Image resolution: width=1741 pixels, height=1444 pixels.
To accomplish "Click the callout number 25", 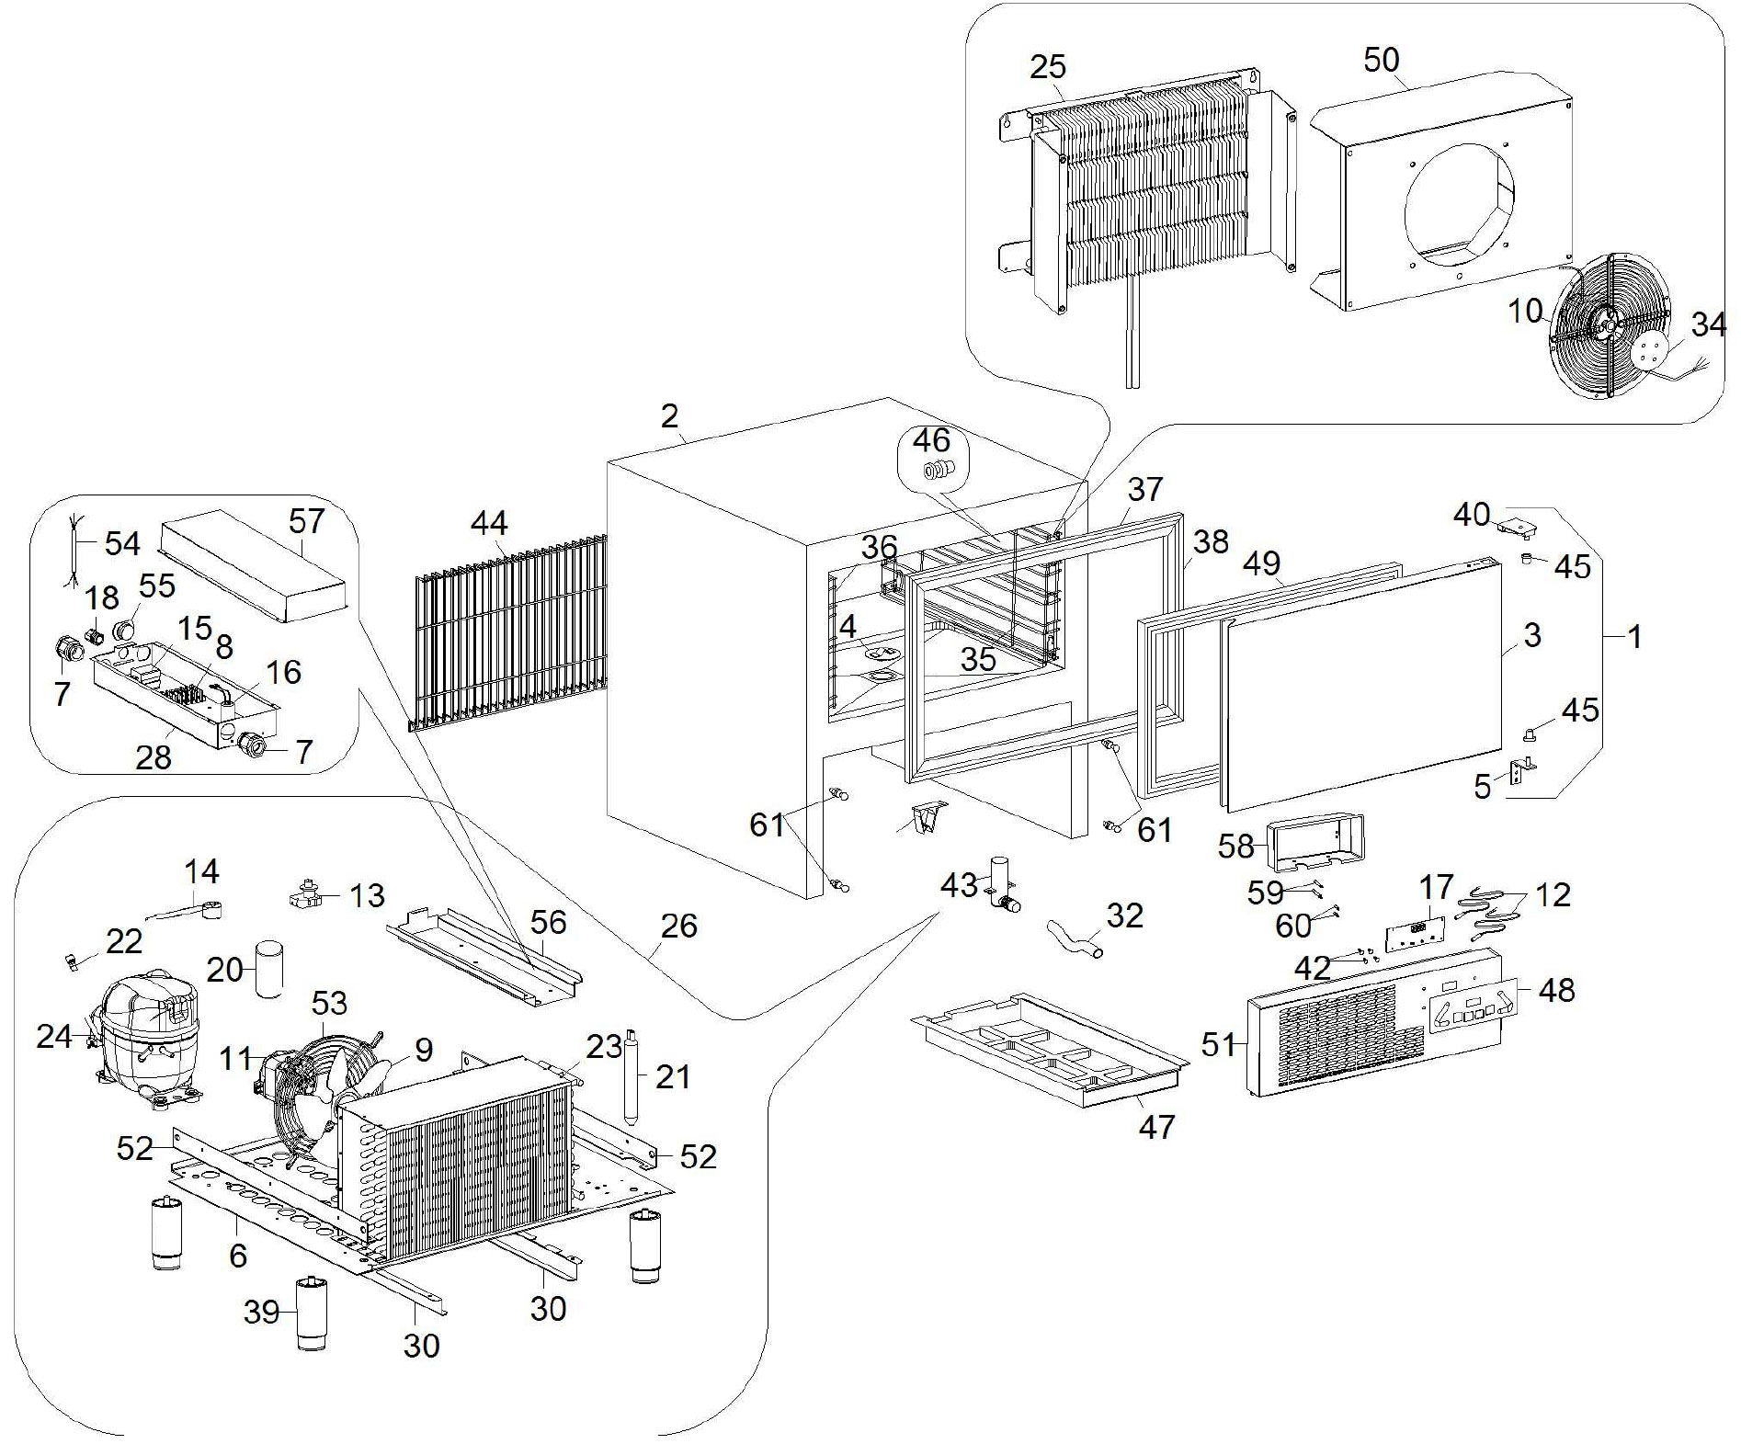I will (x=1047, y=67).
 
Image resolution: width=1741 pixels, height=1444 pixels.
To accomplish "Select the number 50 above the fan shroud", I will (x=1381, y=61).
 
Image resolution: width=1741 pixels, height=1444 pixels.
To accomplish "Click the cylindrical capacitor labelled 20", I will (x=269, y=968).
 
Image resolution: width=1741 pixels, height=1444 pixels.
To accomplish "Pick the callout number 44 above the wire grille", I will (x=488, y=524).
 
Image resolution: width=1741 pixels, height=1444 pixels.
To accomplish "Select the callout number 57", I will (x=306, y=521).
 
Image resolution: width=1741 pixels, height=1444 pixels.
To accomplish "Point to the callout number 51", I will (x=1218, y=1044).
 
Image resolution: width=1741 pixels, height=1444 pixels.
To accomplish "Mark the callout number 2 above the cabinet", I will (x=669, y=416).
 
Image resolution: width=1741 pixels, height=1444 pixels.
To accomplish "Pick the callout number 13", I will (x=368, y=895).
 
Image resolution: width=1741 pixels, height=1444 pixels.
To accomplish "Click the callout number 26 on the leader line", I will (x=678, y=926).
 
